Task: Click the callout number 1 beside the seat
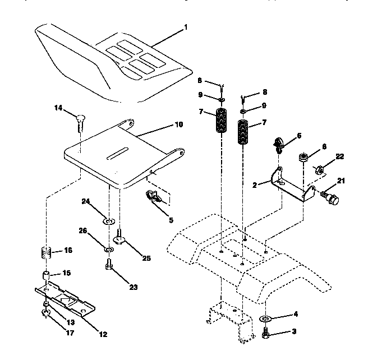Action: pos(186,26)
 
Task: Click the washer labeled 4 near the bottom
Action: pos(265,319)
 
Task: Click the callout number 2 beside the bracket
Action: pos(255,184)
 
